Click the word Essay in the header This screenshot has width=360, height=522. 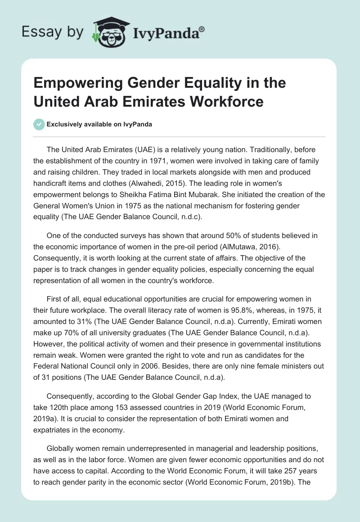pos(38,31)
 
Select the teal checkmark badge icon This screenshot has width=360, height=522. pos(39,124)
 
